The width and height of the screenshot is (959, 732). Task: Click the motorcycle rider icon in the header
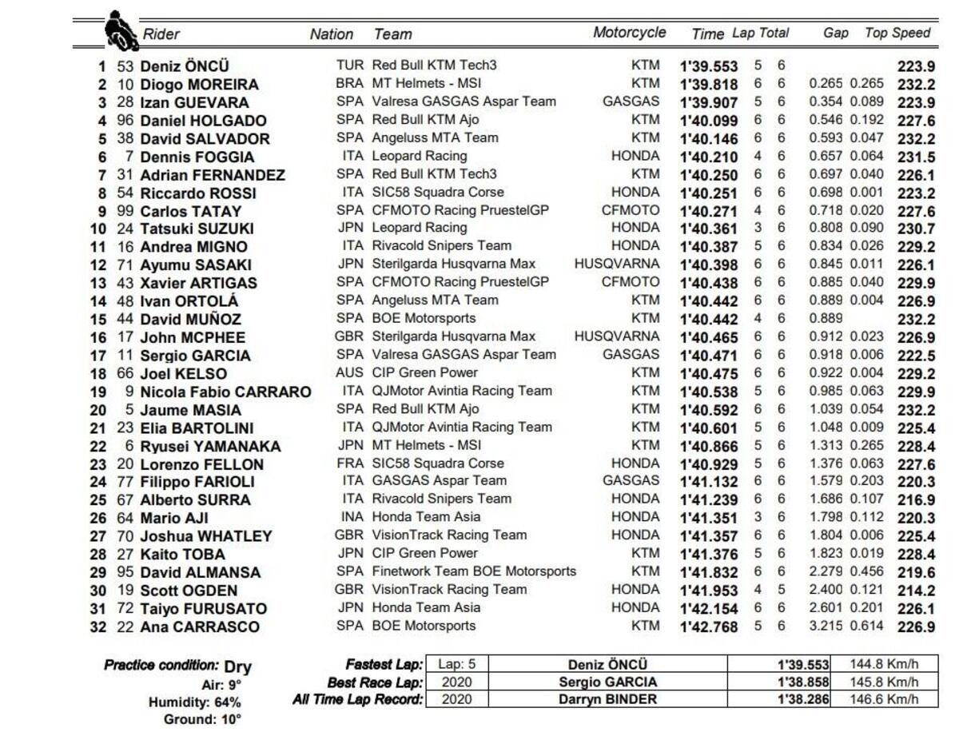click(121, 31)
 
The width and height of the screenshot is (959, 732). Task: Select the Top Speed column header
click(897, 33)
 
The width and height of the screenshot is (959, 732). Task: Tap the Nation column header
click(332, 34)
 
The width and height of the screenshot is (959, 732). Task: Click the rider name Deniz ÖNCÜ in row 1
click(184, 66)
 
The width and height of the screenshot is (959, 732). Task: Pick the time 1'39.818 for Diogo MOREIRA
click(709, 84)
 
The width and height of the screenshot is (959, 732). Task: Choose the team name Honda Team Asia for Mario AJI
click(427, 517)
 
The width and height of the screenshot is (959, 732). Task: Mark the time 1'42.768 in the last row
click(709, 627)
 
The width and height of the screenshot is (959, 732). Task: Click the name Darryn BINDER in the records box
click(607, 699)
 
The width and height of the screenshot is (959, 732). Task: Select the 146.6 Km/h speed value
click(885, 699)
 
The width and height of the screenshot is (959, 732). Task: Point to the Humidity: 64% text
click(194, 702)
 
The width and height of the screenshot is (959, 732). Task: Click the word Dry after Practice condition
click(237, 666)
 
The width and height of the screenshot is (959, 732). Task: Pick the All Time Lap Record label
click(357, 700)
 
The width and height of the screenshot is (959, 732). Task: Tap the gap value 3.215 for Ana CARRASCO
click(826, 627)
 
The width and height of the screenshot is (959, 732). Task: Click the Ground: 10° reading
click(202, 719)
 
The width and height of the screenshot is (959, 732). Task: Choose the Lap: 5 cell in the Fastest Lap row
click(456, 664)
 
